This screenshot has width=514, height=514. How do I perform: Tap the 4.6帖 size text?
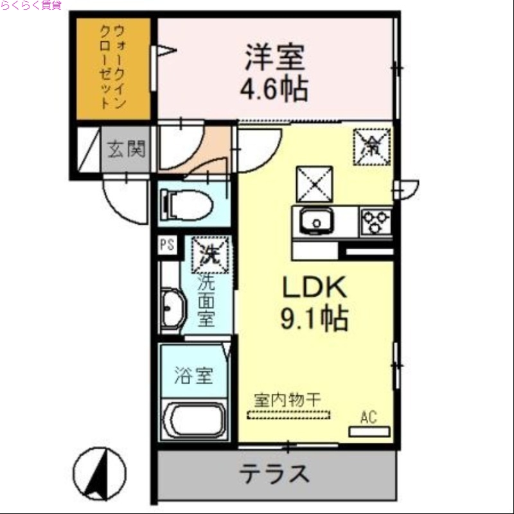[274, 90]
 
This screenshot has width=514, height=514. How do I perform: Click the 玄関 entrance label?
[126, 149]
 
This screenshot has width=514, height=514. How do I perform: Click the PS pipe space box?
[167, 244]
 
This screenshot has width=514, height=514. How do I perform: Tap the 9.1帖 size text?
[314, 317]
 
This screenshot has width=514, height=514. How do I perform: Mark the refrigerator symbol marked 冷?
[371, 146]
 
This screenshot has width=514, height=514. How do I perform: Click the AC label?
[368, 418]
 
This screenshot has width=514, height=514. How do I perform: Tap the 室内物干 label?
[287, 399]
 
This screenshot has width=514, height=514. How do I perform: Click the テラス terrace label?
[275, 475]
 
